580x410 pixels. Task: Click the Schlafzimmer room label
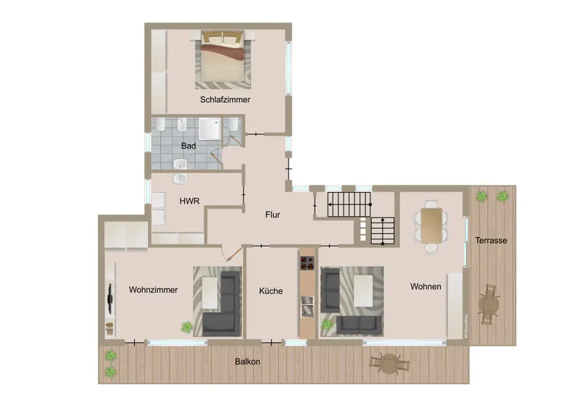[x=225, y=100]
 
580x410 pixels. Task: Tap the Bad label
[x=188, y=146]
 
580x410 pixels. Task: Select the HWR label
[x=189, y=201]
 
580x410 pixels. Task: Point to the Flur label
[x=272, y=214]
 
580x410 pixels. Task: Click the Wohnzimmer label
[x=154, y=290]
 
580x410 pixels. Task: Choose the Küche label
[x=271, y=291]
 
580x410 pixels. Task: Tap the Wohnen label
[x=426, y=287]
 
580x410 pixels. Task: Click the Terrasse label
[x=491, y=240]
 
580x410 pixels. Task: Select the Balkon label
[x=247, y=361]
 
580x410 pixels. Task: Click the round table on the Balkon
[x=390, y=361]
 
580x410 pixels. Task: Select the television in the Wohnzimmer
[x=109, y=297]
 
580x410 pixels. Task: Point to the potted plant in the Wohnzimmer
[x=188, y=327]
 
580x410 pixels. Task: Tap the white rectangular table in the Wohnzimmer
[x=210, y=291]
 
